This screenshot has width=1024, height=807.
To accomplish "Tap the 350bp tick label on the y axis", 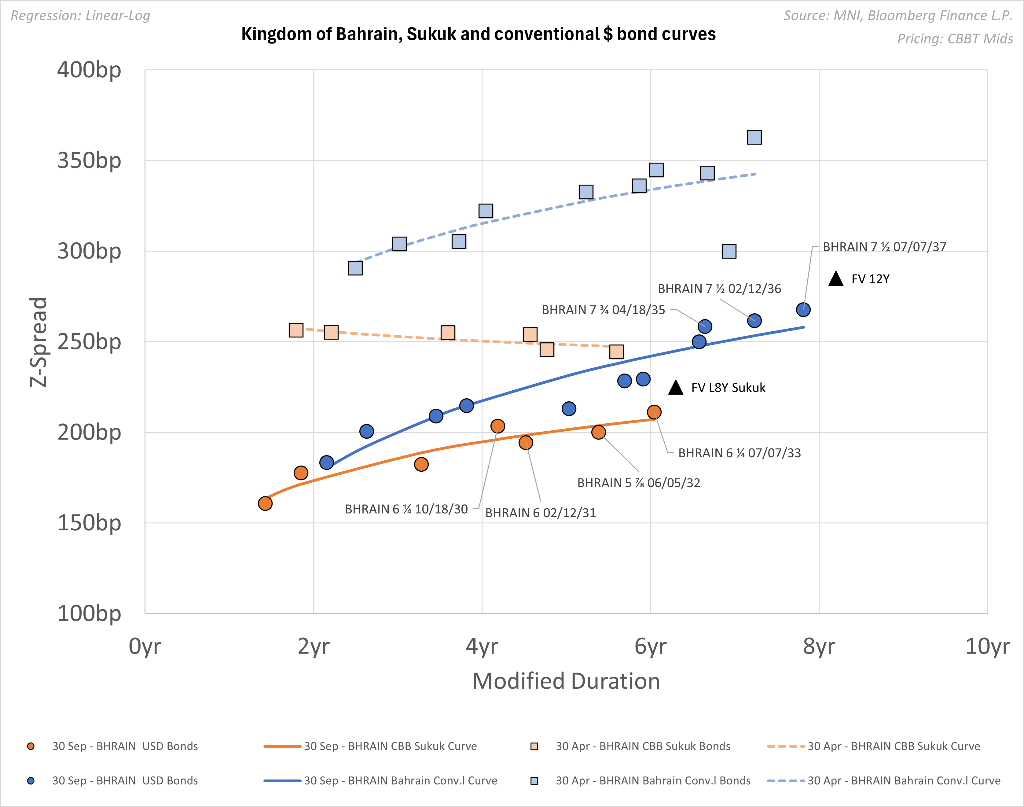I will pyautogui.click(x=89, y=161).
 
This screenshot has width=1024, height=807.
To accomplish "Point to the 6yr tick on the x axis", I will pyautogui.click(x=650, y=646).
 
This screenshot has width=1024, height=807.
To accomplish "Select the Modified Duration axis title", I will pyautogui.click(x=566, y=681).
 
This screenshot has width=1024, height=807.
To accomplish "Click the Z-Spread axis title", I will pyautogui.click(x=38, y=342).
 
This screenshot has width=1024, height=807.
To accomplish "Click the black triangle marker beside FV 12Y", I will pyautogui.click(x=835, y=279).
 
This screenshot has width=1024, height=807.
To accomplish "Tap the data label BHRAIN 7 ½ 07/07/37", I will pyautogui.click(x=884, y=247).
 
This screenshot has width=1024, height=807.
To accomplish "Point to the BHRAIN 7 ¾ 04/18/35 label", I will pyautogui.click(x=603, y=310).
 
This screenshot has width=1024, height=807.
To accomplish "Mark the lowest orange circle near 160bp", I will pyautogui.click(x=265, y=503).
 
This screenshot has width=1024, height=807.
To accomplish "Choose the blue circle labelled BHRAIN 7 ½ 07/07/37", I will pyautogui.click(x=803, y=309).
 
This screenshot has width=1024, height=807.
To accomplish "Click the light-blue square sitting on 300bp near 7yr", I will pyautogui.click(x=729, y=251).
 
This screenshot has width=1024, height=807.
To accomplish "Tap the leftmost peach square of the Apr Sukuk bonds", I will pyautogui.click(x=296, y=330).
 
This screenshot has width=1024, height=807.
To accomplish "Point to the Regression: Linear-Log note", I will pyautogui.click(x=80, y=16).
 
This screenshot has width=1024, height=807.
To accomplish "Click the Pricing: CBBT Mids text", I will pyautogui.click(x=955, y=39).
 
